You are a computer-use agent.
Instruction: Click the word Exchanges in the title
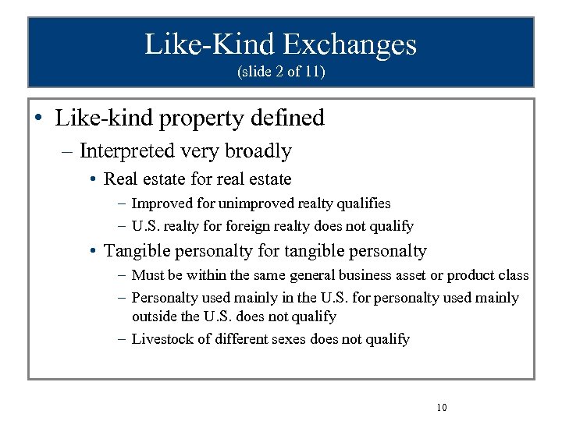349,44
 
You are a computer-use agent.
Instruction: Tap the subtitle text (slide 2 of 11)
281,73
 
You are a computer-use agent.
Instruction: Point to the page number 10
442,408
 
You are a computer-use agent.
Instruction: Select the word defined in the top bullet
286,119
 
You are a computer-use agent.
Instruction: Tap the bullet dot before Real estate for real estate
93,180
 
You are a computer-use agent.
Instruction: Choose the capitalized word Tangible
135,251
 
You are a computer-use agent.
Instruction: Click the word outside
154,317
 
